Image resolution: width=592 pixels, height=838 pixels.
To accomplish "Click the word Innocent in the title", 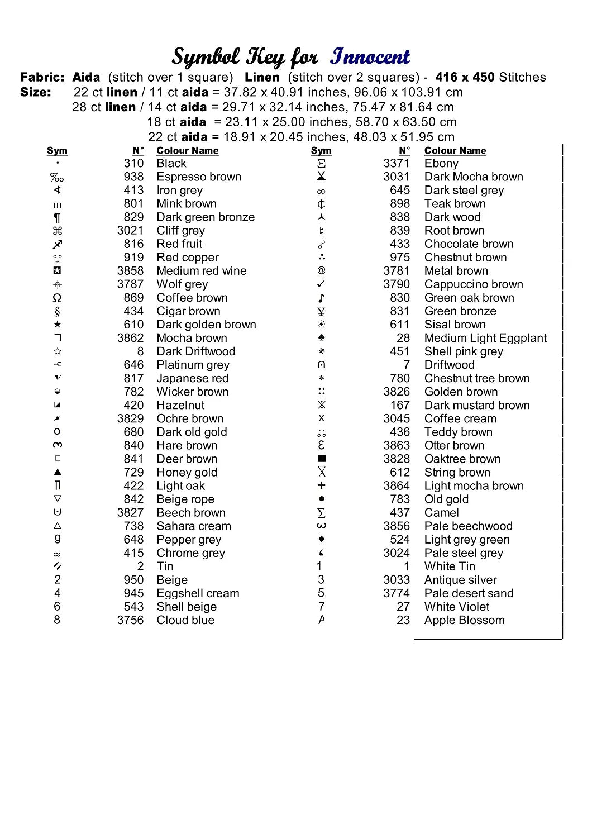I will (x=370, y=56).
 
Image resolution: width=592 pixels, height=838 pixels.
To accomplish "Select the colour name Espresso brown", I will (x=199, y=177).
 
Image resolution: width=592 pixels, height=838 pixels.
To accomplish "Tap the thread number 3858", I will (x=130, y=271).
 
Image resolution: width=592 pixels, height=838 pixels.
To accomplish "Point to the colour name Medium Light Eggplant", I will (x=485, y=338).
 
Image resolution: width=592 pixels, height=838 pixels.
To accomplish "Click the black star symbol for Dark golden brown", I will (x=58, y=325).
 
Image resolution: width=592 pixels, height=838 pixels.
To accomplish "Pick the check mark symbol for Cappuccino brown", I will (x=321, y=284).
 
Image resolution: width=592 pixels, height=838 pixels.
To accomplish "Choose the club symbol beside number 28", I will (x=321, y=338).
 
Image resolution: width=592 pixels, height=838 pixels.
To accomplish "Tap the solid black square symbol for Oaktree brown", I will (x=321, y=459).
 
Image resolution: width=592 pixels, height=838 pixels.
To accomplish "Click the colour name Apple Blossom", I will (x=464, y=620).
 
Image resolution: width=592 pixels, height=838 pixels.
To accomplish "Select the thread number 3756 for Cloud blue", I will (x=130, y=620).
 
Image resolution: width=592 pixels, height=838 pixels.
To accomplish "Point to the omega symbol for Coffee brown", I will (x=58, y=298).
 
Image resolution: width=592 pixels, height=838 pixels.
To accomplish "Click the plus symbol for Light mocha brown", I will (x=321, y=485).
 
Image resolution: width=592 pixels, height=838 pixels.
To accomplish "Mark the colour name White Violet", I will (x=456, y=607).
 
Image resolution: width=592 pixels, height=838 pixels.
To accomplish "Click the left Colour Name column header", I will (x=188, y=151).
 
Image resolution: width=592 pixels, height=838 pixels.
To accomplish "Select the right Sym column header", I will (x=321, y=151).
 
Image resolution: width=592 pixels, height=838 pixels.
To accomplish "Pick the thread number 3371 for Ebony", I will (x=396, y=164).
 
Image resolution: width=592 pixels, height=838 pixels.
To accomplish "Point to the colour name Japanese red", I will (x=192, y=378).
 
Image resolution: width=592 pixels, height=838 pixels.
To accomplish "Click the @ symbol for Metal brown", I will (x=321, y=270).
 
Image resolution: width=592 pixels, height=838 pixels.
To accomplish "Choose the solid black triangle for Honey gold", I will (x=58, y=472).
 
